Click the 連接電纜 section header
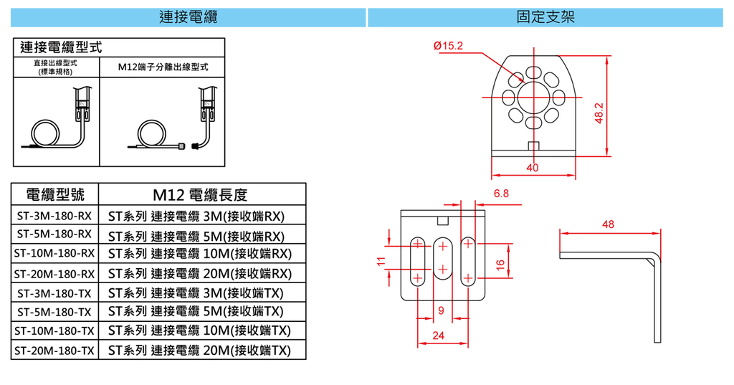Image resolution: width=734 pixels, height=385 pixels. tap(188, 16)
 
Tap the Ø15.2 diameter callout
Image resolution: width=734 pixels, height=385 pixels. tap(449, 46)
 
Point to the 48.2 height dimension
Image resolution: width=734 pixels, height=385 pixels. tap(600, 113)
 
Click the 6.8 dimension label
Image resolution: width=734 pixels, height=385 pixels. tap(501, 194)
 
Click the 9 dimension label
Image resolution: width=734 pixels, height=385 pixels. tap(441, 310)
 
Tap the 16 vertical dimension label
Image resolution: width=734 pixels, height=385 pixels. tap(500, 264)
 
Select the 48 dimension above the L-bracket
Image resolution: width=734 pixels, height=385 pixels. tap(609, 224)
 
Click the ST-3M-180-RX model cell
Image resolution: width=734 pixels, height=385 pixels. tap(54, 215)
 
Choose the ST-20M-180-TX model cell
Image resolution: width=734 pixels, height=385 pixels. tap(54, 351)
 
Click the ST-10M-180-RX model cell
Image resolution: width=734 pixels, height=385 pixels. tap(54, 253)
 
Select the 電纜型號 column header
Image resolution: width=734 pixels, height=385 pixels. tap(54, 194)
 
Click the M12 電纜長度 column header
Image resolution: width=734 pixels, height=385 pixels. tap(200, 194)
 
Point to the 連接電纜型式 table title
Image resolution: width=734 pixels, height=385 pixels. tap(61, 48)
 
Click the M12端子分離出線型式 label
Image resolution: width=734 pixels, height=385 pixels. tap(163, 67)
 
